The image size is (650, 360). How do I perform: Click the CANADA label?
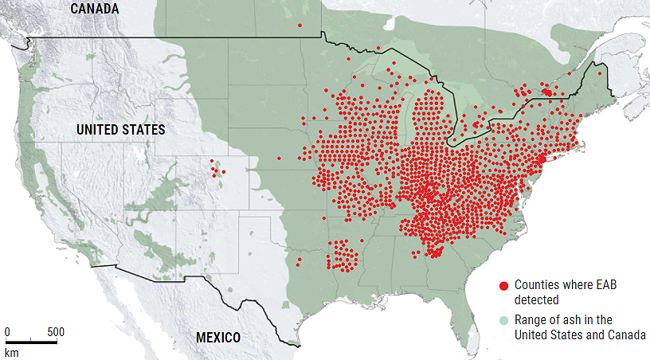[x=94, y=9]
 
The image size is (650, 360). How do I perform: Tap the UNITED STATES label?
[x=120, y=129]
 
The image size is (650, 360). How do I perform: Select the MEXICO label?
[x=217, y=338]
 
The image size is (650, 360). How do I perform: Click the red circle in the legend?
[x=503, y=285]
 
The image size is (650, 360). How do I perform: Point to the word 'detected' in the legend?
[x=537, y=299]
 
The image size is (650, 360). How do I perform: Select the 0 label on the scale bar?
[x=7, y=331]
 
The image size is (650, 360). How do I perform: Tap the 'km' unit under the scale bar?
[x=11, y=351]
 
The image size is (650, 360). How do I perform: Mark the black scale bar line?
[x=31, y=342]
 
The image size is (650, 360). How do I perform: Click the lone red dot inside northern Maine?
[x=600, y=73]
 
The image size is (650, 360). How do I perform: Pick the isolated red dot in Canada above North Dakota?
[x=300, y=25]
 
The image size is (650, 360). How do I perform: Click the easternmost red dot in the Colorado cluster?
[x=224, y=171]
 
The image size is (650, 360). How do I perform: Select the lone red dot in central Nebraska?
[x=279, y=158]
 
